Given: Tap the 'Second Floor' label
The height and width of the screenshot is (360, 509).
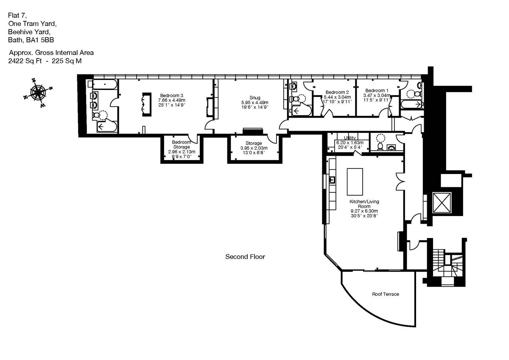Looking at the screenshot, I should click(x=245, y=257).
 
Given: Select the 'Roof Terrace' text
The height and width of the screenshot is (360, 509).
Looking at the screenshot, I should click(x=385, y=294).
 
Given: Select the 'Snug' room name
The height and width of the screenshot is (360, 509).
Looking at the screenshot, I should click(x=255, y=98).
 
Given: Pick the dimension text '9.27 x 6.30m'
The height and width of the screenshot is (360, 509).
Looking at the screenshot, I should click(x=364, y=211).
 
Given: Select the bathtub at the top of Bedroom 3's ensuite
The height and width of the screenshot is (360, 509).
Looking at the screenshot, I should click(x=104, y=85).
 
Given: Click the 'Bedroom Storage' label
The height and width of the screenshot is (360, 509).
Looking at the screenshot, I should click(x=181, y=144).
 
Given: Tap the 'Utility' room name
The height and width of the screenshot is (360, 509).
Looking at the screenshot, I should click(x=350, y=138).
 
